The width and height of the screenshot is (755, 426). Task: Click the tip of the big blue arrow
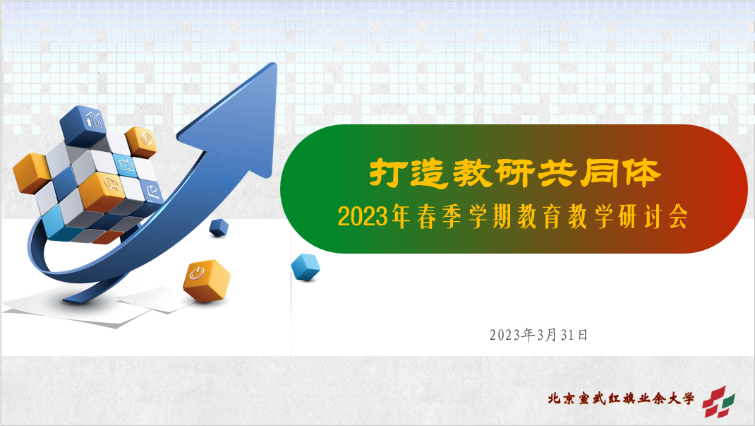(x=275, y=64)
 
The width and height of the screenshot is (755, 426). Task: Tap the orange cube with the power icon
(x=207, y=280)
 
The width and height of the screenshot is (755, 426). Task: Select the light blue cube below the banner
(x=306, y=267)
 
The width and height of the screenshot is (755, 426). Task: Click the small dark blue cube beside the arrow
(x=219, y=227)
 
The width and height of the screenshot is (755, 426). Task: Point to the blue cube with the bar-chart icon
(x=83, y=125)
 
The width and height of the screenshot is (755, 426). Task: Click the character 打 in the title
(x=386, y=172)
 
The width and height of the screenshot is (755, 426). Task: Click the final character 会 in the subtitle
(x=677, y=217)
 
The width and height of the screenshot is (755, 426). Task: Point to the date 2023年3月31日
(x=539, y=334)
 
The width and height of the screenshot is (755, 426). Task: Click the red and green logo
(x=718, y=401)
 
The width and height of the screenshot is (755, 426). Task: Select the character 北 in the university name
(x=554, y=399)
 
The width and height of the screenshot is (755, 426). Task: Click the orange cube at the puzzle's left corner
(x=32, y=173)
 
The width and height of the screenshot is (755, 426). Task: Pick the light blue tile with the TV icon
(x=125, y=165)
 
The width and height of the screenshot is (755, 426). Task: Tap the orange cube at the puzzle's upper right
(x=141, y=142)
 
